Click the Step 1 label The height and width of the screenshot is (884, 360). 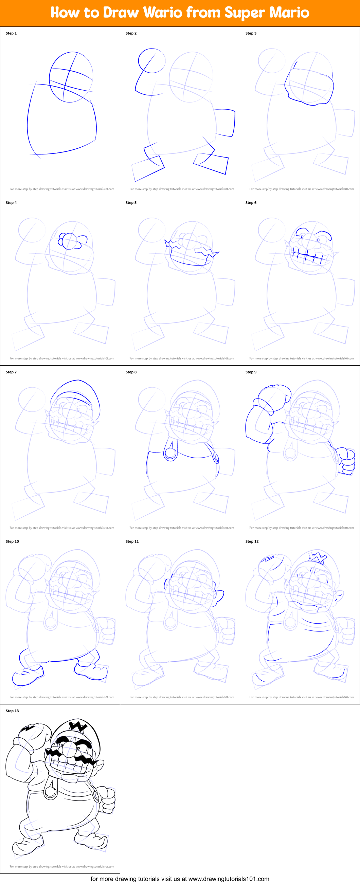11,33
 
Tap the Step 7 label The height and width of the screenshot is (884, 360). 11,372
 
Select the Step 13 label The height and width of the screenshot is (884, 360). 12,711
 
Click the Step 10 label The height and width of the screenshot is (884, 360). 12,541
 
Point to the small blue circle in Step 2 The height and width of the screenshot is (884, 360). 152,60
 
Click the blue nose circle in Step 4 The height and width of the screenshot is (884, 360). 70,241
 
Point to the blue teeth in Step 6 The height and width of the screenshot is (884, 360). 307,257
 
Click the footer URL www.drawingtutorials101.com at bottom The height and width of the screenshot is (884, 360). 229,879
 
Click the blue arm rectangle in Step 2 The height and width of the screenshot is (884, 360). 225,123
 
